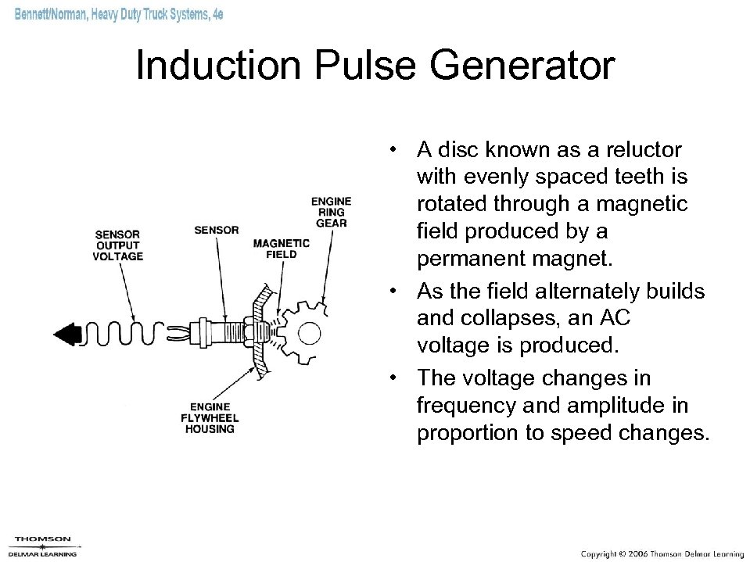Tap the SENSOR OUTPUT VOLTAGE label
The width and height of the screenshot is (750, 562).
pos(118,245)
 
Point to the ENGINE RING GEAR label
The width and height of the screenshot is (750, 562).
pos(330,212)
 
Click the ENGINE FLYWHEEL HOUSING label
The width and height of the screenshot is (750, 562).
pos(210,417)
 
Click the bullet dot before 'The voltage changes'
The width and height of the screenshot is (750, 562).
pos(400,378)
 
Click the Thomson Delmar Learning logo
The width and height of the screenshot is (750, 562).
pos(43,546)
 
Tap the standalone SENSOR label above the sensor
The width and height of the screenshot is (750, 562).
pos(215,230)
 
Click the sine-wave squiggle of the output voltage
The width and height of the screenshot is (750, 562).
pos(125,335)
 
